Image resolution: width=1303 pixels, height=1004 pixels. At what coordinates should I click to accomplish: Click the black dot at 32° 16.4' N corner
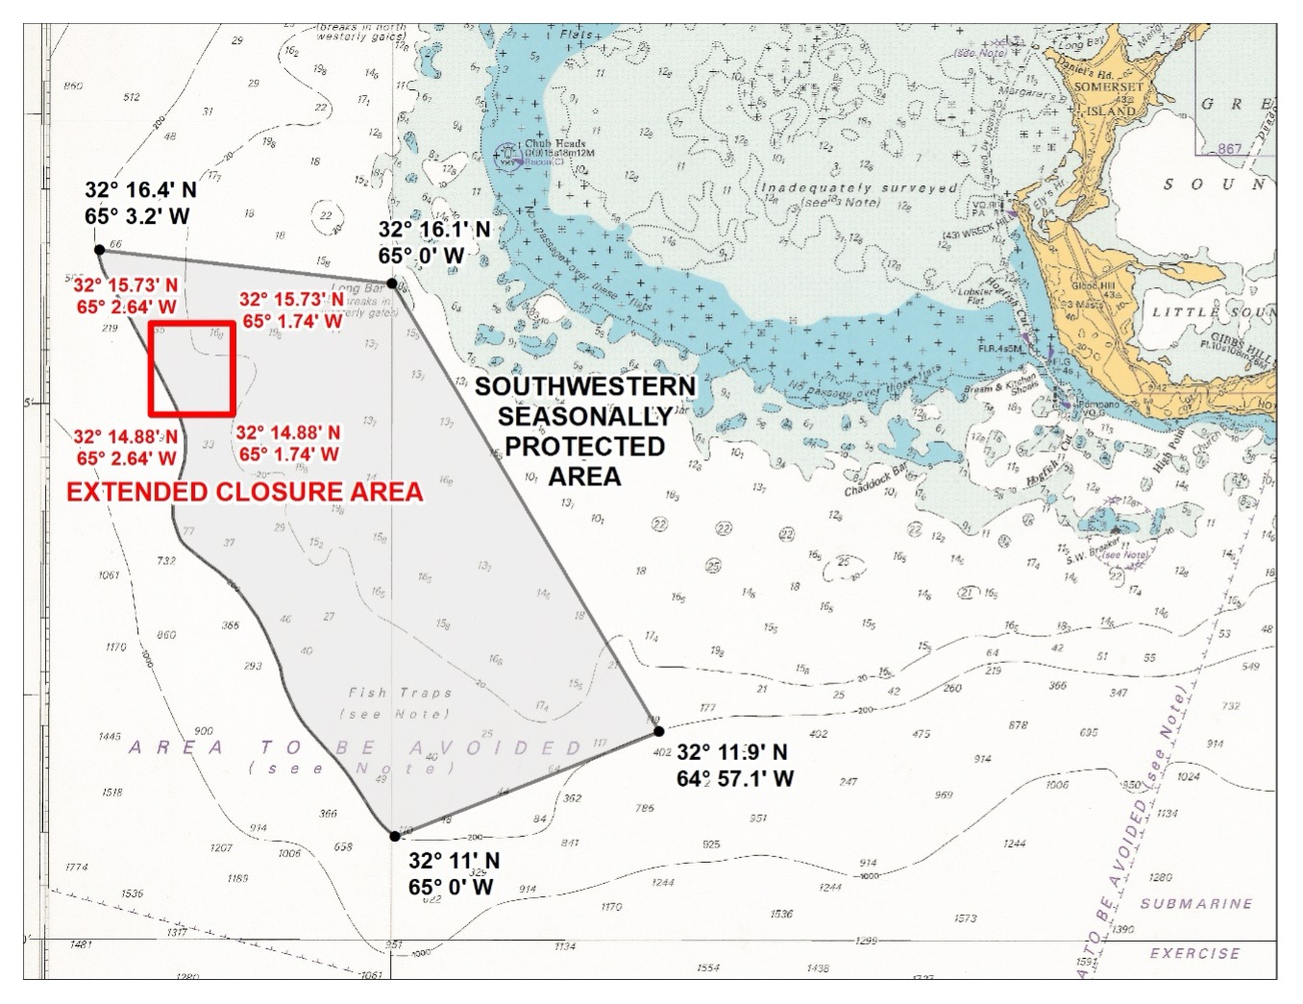tap(99, 250)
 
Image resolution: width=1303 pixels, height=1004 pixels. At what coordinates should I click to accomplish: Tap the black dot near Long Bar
tap(392, 283)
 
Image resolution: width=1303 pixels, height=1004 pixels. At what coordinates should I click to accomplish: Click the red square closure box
tap(192, 368)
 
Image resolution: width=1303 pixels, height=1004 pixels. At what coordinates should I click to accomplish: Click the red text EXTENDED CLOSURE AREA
tap(244, 492)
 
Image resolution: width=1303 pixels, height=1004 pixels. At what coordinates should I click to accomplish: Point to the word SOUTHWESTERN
tap(585, 386)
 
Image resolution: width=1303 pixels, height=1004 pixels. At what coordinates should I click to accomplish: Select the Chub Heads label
tap(554, 144)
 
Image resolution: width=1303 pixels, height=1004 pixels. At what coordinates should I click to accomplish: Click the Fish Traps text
tap(400, 693)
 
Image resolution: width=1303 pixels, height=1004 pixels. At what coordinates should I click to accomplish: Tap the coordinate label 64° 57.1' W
tap(735, 779)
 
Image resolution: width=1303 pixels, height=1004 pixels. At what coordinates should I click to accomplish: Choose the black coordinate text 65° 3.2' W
tap(136, 216)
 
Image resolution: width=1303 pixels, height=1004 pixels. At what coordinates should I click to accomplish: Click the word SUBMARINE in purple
tap(1196, 904)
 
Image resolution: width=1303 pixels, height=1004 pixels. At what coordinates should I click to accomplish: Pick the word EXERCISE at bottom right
tap(1194, 954)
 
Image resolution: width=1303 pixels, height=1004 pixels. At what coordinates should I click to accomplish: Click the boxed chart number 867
tap(1229, 149)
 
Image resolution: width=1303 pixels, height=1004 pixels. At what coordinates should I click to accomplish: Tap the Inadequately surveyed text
tap(860, 188)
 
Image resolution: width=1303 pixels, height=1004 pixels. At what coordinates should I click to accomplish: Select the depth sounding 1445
tap(110, 737)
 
